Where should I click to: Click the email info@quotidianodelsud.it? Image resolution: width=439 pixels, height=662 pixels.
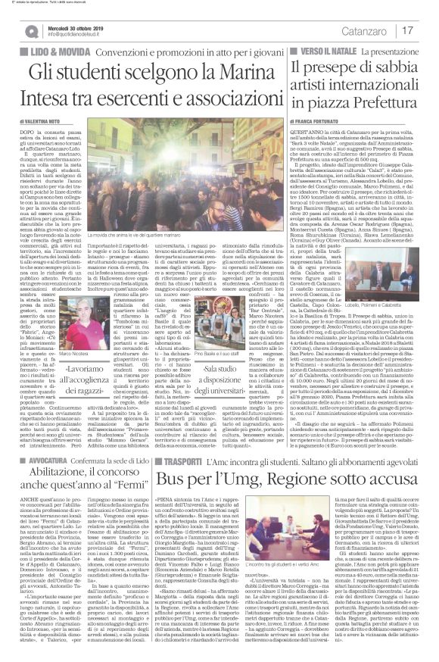[x=74, y=34]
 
